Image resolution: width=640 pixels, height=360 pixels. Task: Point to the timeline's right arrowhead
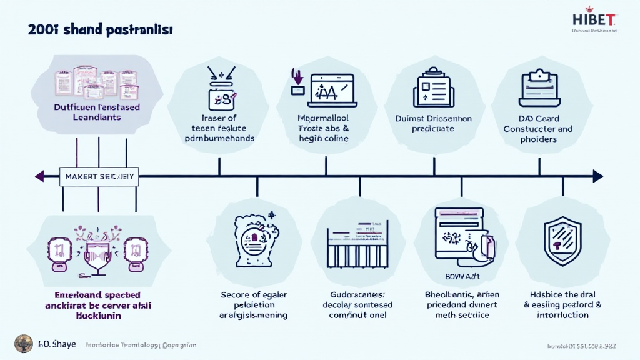point(597,176)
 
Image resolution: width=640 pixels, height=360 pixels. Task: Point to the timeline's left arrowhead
point(40,176)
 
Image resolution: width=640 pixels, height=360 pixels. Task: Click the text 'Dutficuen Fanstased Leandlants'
point(97,112)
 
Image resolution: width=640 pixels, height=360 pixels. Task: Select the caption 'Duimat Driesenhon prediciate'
point(433,123)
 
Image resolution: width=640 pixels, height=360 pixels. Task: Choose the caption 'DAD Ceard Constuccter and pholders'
point(538,129)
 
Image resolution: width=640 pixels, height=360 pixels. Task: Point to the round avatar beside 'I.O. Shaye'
point(24,344)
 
